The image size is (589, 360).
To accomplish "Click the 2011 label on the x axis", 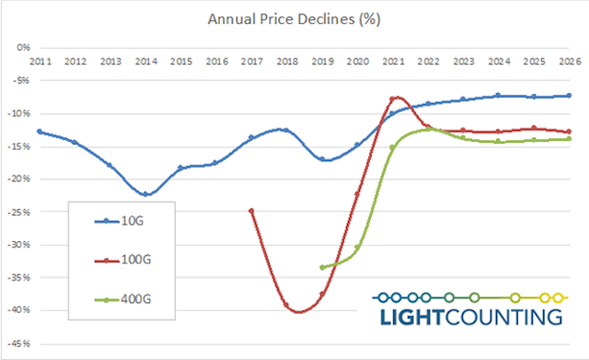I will click(x=39, y=61).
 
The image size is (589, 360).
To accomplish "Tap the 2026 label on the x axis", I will click(x=569, y=61).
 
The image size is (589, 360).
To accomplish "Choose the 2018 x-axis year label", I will click(x=286, y=61).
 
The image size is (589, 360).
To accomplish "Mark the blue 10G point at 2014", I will click(x=145, y=193).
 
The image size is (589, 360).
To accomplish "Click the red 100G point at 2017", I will click(x=251, y=211).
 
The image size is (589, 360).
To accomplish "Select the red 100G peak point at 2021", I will click(x=392, y=99).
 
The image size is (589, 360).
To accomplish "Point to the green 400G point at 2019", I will click(x=322, y=267).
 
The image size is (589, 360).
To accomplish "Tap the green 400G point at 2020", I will click(x=357, y=247).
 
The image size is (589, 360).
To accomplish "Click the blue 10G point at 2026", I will click(x=569, y=96).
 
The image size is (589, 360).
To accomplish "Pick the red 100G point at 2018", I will click(x=286, y=305).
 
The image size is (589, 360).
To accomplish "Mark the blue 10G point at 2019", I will click(x=322, y=158).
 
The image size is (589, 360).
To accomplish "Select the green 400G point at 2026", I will click(x=569, y=138).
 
